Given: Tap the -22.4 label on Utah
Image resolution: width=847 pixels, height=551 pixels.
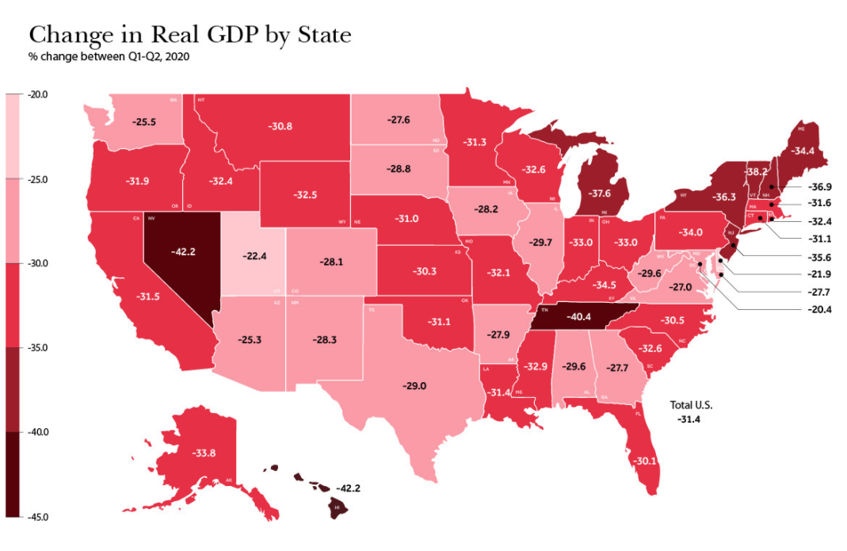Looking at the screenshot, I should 255,255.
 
